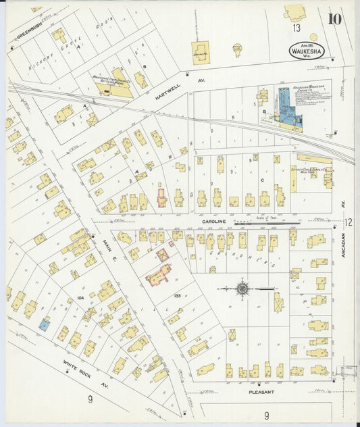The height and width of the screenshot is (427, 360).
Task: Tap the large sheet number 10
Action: pyautogui.click(x=334, y=19)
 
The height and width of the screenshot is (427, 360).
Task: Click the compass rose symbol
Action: pyautogui.click(x=242, y=288)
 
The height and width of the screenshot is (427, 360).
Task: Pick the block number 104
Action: pyautogui.click(x=80, y=297)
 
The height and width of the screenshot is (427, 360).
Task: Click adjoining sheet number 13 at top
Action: pyautogui.click(x=297, y=28)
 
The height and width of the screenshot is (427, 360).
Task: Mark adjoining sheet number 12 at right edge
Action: pyautogui.click(x=349, y=222)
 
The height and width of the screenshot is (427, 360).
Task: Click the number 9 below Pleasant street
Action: pyautogui.click(x=267, y=415)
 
